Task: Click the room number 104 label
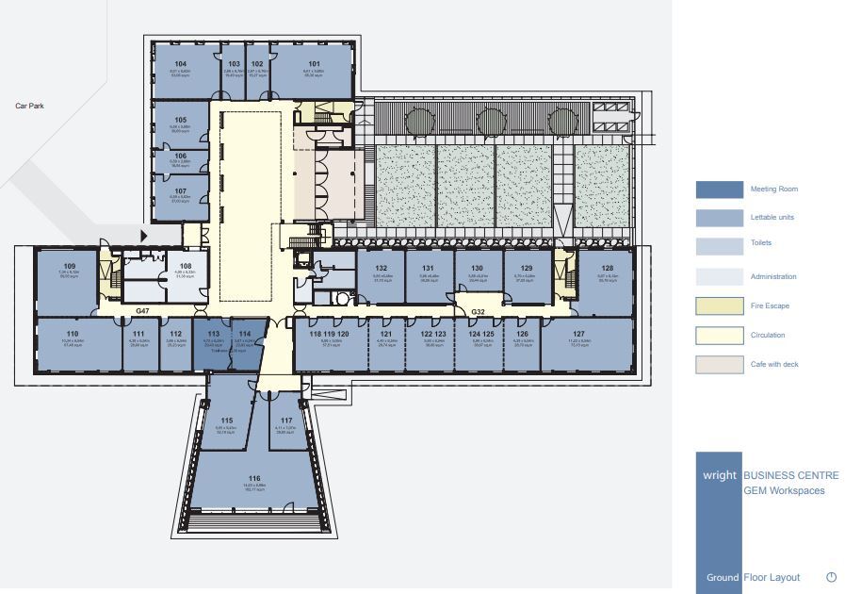180,64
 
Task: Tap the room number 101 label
314,64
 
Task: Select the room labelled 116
254,478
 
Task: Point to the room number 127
578,334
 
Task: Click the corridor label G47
142,310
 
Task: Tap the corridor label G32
478,310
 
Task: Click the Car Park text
29,107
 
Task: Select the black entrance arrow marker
144,236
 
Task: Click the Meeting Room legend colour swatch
718,189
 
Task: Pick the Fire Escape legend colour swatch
718,305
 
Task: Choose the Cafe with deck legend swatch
718,364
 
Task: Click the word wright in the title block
719,476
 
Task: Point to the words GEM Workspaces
784,490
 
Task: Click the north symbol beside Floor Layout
831,577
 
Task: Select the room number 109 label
69,267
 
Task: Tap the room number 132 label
382,269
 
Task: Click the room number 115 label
226,421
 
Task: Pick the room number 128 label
608,269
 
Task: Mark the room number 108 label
186,267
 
